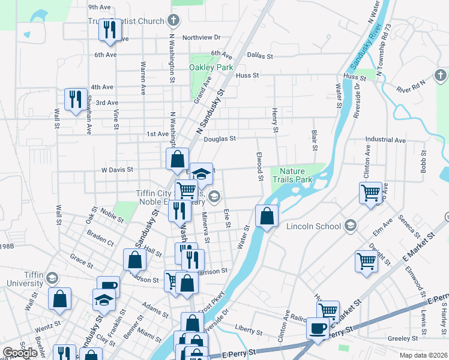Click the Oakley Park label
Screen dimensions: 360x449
211,68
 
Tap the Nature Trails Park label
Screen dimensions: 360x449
292,175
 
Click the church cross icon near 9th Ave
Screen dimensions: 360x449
173,21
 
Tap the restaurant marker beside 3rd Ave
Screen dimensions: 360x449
76,99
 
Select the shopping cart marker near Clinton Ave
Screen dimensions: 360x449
370,193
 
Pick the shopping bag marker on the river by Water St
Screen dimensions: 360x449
267,215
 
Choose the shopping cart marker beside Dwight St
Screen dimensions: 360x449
366,261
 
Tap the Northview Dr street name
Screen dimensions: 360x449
202,37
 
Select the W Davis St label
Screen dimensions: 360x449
116,170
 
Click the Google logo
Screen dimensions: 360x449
20,353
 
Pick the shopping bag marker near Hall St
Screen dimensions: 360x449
135,259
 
